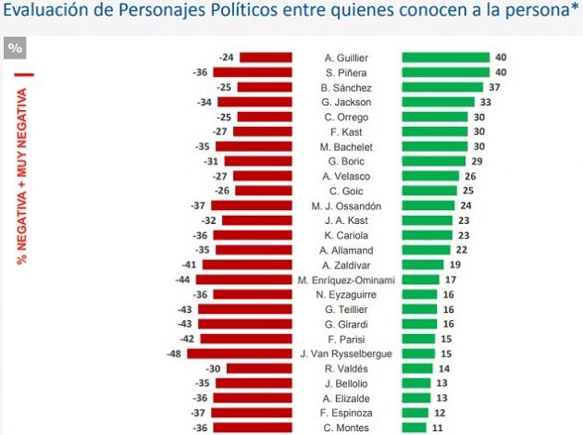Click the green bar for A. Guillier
[x=445, y=57]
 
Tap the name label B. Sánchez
[x=347, y=87]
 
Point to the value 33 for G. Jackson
[x=484, y=102]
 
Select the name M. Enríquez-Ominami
[x=347, y=280]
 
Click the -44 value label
[x=184, y=280]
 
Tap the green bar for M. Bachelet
[x=435, y=146]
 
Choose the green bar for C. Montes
[x=414, y=428]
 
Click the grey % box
[x=16, y=48]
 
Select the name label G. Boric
[x=347, y=161]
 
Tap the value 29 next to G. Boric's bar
[x=474, y=161]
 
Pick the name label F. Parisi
[x=347, y=339]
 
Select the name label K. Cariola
[x=347, y=235]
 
